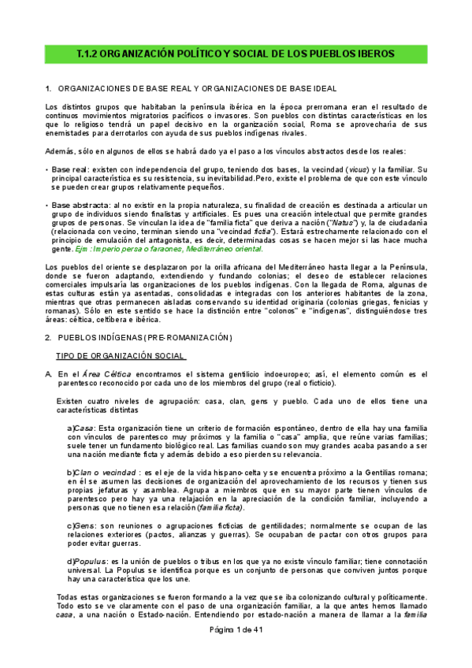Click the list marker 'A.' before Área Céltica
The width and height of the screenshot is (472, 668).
coord(49,374)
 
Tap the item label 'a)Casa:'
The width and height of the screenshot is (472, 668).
coord(83,427)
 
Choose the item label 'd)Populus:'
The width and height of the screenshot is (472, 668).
coord(87,561)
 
